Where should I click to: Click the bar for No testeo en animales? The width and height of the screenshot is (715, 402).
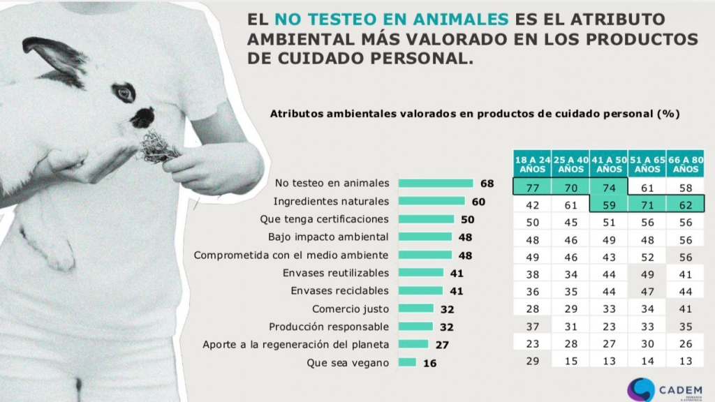pos(436,184)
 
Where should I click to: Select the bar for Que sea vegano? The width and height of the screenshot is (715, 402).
pos(407,362)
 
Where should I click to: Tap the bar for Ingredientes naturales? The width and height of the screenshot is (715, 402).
pos(432,201)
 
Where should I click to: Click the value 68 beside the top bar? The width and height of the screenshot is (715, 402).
pos(487,184)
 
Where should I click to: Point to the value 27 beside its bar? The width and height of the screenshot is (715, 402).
pos(441,344)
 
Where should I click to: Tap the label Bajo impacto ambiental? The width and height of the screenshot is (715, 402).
pos(329,237)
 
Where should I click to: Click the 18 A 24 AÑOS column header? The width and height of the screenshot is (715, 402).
pos(533,164)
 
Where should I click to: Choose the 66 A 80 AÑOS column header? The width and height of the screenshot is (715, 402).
pos(685,164)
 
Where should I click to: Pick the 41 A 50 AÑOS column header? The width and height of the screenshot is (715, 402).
pos(609,164)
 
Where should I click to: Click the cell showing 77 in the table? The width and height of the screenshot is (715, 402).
pos(533,187)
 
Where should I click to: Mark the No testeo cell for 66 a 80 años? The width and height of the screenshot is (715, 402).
pos(685,187)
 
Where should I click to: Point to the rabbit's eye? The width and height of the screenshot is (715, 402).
pos(124,92)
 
